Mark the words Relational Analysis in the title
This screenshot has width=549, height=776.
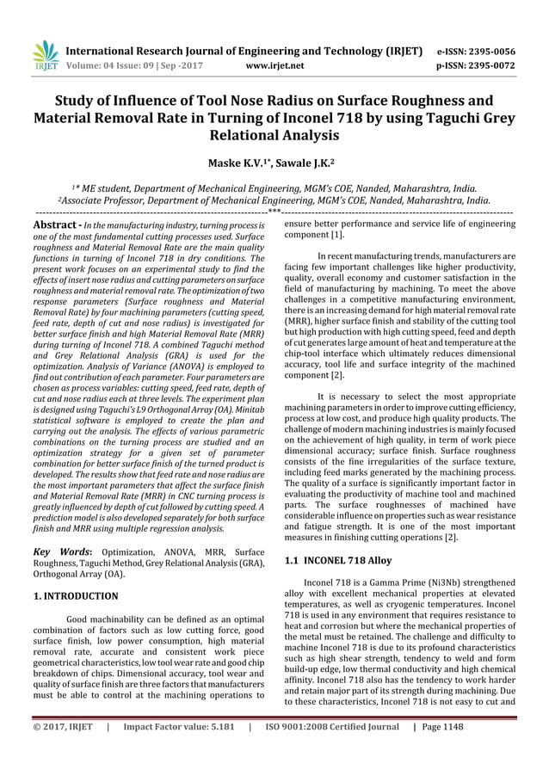(x=274, y=135)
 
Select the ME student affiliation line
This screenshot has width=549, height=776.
(x=274, y=188)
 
